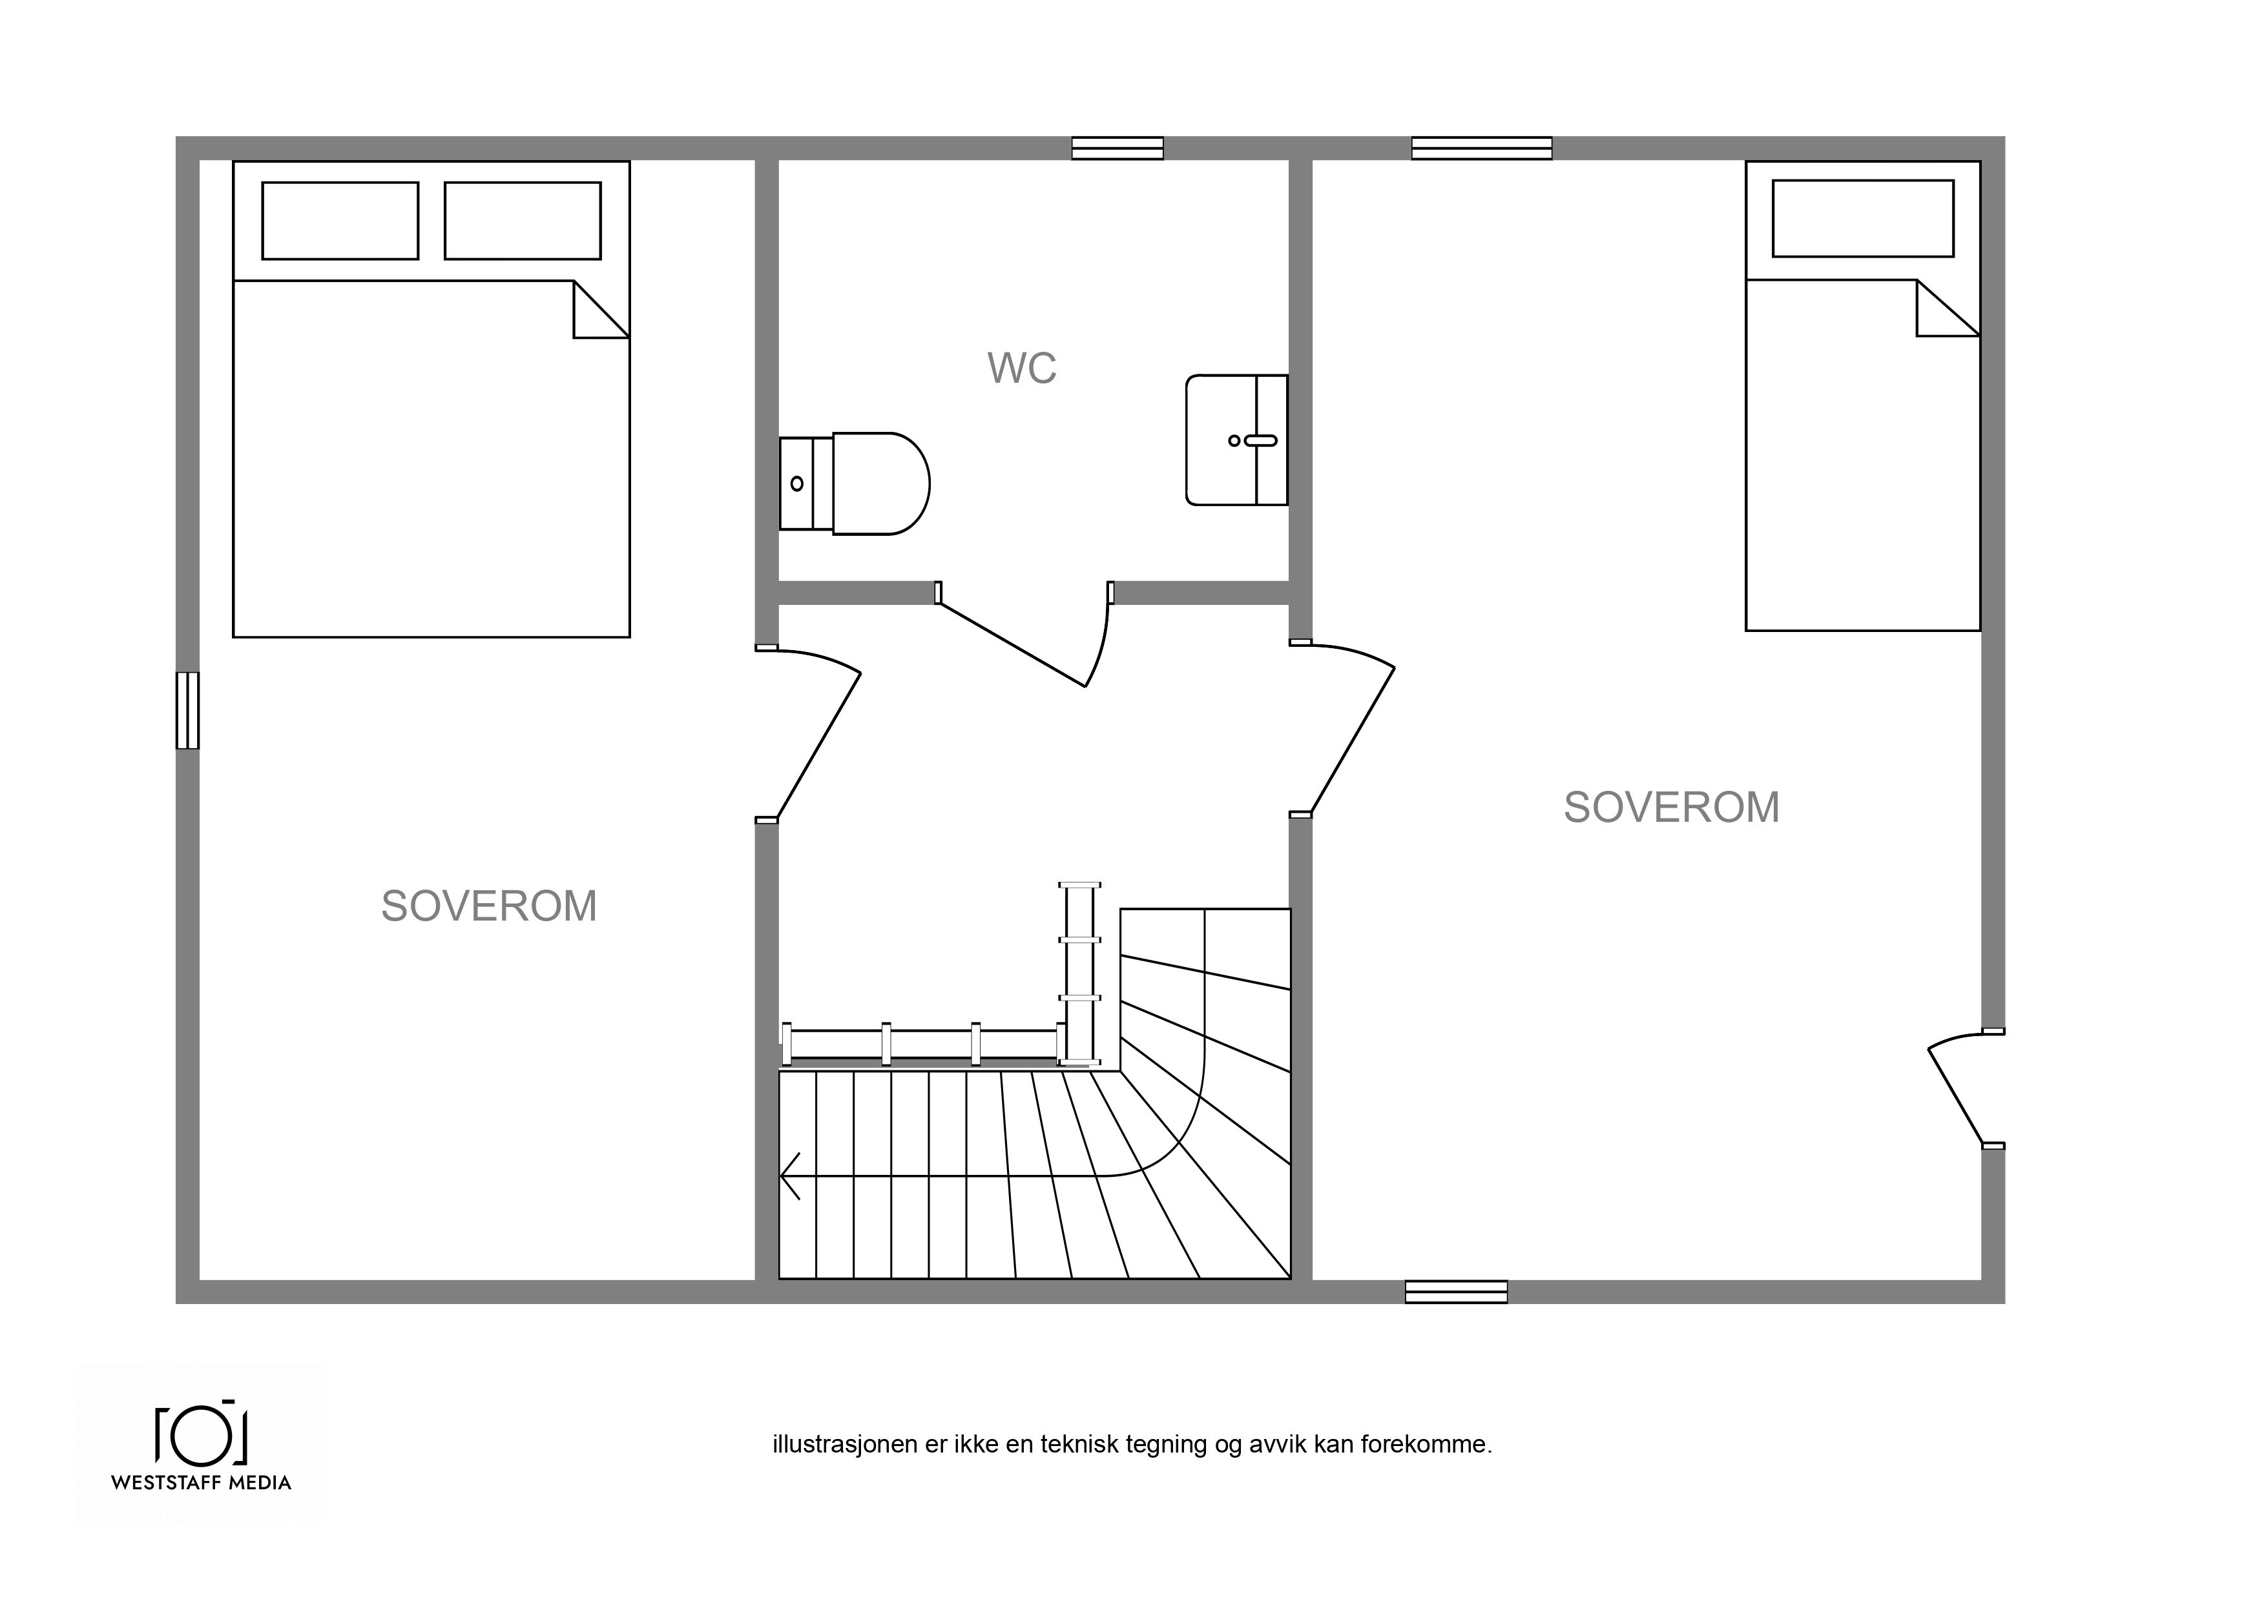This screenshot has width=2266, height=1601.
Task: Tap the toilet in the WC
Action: (855, 484)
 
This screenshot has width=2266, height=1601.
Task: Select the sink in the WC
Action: (1236, 440)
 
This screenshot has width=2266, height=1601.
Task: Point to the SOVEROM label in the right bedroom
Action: (1672, 807)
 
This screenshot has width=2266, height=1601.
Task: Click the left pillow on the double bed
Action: (340, 221)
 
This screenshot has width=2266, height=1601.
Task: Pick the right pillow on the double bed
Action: (523, 221)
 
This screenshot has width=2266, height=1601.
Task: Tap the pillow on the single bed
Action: (1864, 218)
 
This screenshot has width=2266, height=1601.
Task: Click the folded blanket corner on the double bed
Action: (601, 310)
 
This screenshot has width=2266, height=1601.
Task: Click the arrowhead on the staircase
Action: (789, 1176)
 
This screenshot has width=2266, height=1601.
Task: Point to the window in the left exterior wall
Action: (187, 710)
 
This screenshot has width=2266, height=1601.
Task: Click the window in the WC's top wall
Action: (1117, 148)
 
